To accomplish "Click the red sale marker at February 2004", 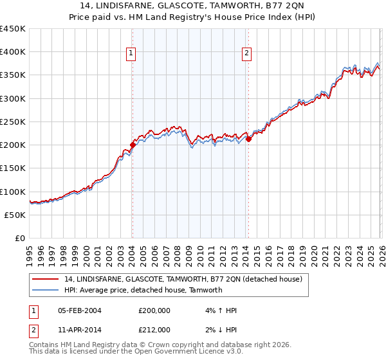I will (133, 145).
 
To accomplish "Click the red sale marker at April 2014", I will (248, 139).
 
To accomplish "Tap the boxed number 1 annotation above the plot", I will (131, 54).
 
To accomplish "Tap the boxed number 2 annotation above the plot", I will (247, 54).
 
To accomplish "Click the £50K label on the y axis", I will (15, 215).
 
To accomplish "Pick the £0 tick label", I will (21, 238).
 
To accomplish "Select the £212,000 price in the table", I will (154, 329).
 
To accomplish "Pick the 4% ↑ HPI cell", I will (219, 310).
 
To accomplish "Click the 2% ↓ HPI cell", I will (219, 329).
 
